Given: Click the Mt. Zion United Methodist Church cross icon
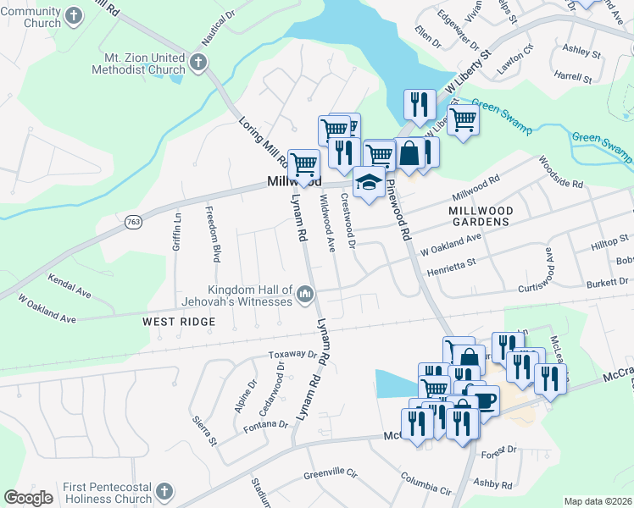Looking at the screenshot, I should pos(197,62).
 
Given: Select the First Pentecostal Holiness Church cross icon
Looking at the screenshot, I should pos(165,491).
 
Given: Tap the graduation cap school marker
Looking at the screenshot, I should pos(368,182).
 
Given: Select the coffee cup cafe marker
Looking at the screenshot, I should pos(482,398).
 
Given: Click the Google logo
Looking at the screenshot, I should pos(28,498).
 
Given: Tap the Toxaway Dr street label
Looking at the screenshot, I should pos(292,355).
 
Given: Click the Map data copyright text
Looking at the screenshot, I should pos(598,501).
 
